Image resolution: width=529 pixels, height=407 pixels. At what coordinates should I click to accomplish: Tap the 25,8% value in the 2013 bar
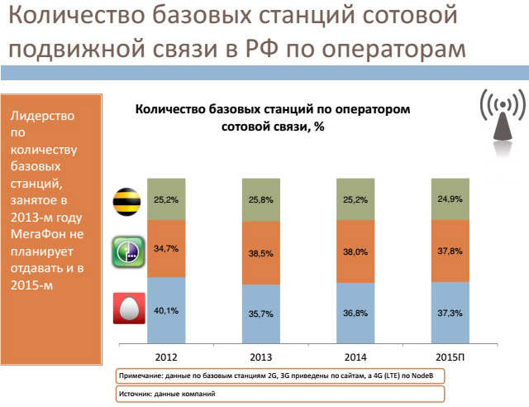[261, 200]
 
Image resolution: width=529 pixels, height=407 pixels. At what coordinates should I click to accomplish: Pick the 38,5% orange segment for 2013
[261, 256]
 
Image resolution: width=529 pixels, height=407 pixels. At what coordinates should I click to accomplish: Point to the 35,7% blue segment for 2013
[261, 315]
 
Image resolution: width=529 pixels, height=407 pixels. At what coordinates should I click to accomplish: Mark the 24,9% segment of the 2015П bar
[451, 199]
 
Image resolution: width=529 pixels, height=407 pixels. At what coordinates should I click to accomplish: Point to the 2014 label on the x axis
[356, 356]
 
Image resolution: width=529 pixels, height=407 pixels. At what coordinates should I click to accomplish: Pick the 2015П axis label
[451, 356]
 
